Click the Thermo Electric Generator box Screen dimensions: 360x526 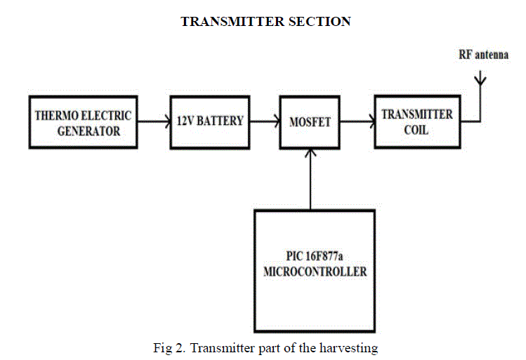82,122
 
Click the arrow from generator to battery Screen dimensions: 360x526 153,121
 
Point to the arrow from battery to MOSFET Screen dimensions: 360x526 263,121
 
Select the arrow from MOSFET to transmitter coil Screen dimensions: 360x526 357,121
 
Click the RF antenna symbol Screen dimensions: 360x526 480,81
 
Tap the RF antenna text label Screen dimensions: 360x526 484,56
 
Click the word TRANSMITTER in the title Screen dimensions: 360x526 224,22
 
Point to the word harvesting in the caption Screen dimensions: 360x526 350,346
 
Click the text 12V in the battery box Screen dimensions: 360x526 184,121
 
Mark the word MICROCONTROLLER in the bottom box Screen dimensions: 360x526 315,272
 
